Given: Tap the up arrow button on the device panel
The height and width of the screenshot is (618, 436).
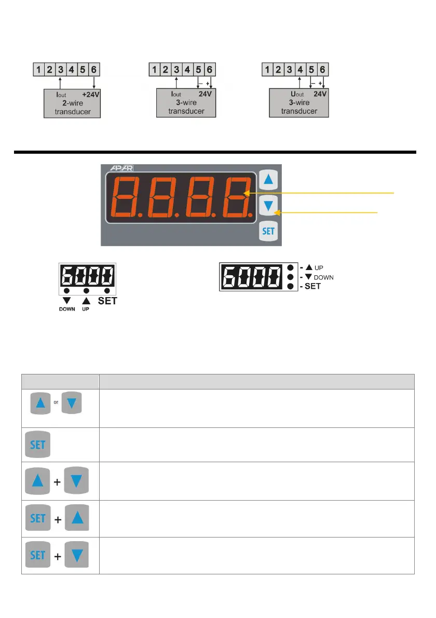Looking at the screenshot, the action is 268,180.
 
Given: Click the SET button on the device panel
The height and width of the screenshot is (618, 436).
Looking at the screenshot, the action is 268,231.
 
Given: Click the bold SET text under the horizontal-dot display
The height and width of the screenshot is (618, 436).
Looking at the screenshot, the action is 107,301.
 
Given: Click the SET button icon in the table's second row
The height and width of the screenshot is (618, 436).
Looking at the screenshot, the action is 38,445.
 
